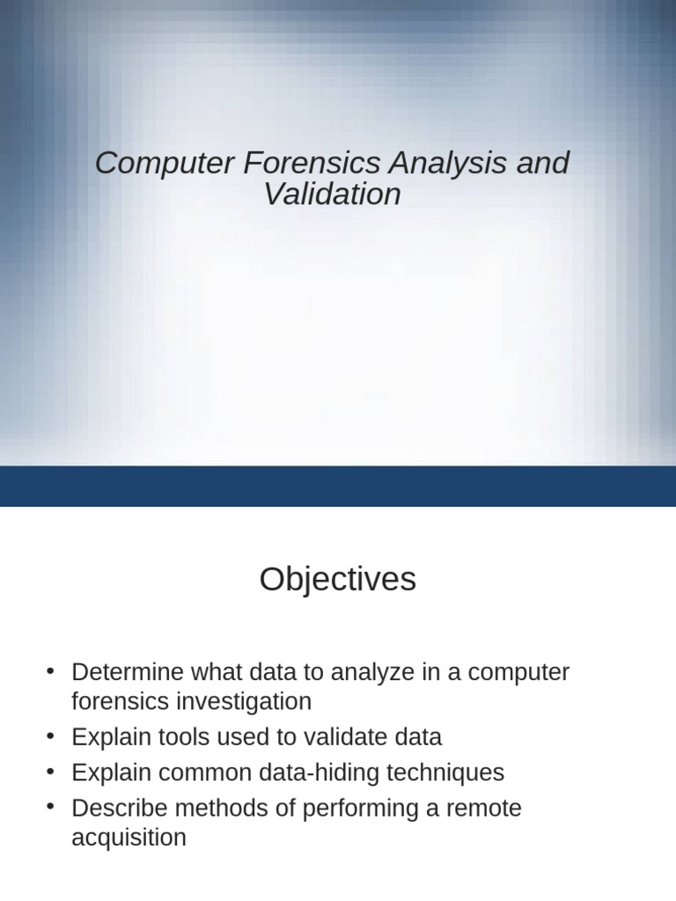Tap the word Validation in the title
[332, 194]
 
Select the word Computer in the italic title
[164, 163]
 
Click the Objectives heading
[337, 580]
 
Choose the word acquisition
[129, 838]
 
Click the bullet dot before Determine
[51, 672]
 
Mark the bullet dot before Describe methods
[51, 808]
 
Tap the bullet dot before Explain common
[51, 773]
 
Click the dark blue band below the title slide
[338, 486]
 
